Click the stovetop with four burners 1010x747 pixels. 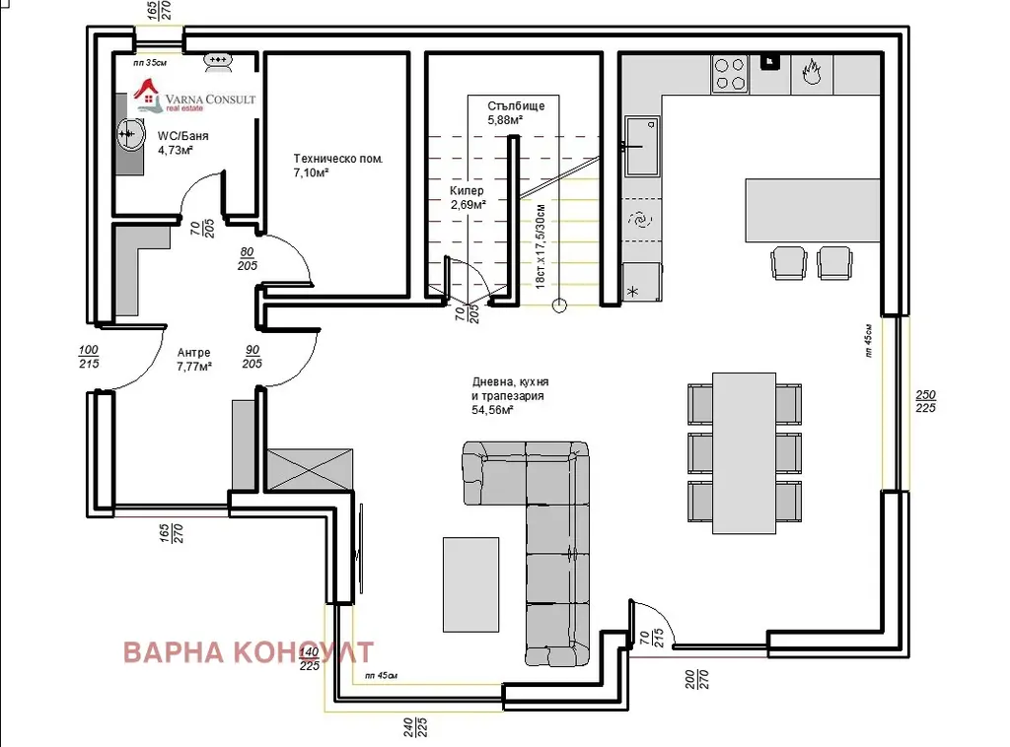[x=730, y=74]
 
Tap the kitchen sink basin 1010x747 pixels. [x=642, y=146]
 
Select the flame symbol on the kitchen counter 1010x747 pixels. [x=812, y=71]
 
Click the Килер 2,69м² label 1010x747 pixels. [x=468, y=197]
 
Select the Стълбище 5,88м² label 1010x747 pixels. [x=516, y=112]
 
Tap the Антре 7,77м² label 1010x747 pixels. [x=194, y=360]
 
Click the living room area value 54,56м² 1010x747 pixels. [x=492, y=410]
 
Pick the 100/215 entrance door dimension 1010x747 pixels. [x=88, y=357]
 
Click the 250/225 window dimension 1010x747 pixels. [x=925, y=401]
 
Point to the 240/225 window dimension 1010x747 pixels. [x=415, y=727]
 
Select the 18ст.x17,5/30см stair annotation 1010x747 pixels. [x=540, y=245]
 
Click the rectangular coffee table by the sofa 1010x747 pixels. [x=470, y=584]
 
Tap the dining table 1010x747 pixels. [x=744, y=453]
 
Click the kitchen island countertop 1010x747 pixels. [x=813, y=210]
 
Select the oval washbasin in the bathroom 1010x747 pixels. [x=129, y=134]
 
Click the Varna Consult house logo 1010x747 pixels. [x=147, y=96]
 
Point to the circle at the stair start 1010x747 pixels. [x=559, y=306]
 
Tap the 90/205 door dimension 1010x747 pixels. [x=252, y=357]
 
